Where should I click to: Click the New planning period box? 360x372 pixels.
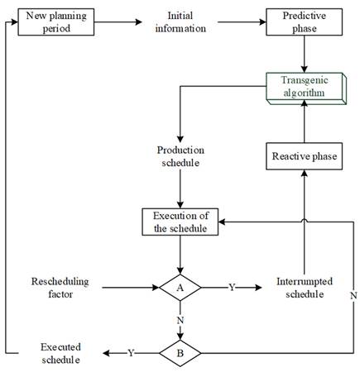tap(56, 22)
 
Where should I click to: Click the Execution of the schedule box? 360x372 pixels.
tap(180, 222)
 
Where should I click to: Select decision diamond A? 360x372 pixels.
tap(180, 289)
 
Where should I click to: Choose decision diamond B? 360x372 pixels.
tap(180, 353)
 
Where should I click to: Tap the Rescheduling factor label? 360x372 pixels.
tap(58, 289)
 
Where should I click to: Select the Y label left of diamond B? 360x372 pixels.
tap(130, 354)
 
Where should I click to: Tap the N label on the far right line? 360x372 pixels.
tap(353, 295)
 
